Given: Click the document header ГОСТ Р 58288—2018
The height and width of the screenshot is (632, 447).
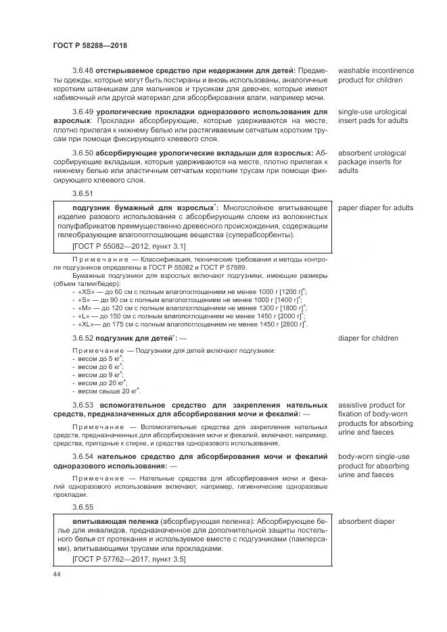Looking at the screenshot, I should coord(90,45).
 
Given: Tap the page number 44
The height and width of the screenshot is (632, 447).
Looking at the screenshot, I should coord(56,573).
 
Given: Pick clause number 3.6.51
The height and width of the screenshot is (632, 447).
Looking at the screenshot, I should coord(83,193).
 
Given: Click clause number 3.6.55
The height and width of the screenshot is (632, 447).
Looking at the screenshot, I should coord(83,506).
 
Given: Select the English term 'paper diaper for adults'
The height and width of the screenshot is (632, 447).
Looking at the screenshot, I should coord(375,208).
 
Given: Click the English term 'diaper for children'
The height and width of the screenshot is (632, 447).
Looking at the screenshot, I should coord(368,338).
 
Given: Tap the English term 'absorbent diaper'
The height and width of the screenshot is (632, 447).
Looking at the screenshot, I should coord(366,522).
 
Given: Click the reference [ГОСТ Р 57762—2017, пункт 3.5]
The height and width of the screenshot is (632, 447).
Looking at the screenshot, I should coord(128,559).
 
